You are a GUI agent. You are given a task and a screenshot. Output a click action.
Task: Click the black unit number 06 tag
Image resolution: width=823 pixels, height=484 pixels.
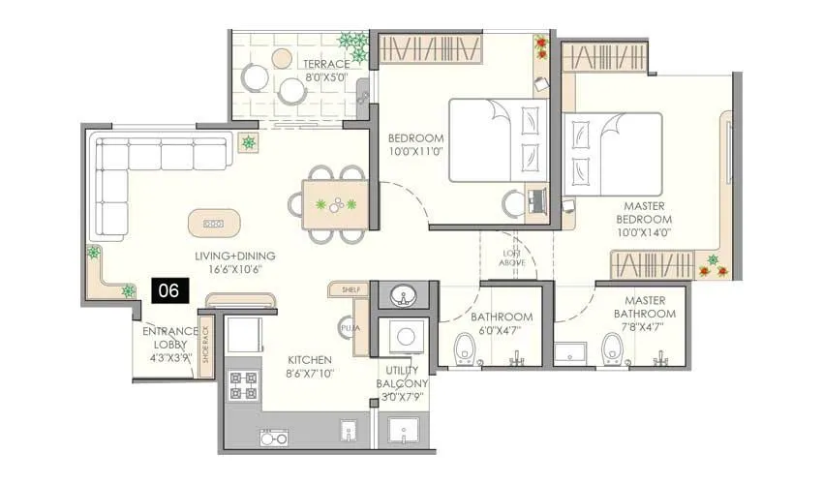click(168, 288)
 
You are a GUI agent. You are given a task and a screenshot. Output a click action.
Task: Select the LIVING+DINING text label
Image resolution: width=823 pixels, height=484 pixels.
click(234, 256)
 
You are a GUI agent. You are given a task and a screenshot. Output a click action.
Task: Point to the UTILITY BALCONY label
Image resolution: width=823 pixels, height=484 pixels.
click(403, 377)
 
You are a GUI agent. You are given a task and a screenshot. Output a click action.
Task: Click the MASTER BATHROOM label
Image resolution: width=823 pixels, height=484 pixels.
click(644, 307)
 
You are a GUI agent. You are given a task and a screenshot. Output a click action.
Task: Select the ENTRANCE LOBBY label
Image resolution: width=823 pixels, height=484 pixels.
click(169, 343)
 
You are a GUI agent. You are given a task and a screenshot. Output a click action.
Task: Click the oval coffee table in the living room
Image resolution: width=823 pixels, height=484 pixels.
click(212, 223)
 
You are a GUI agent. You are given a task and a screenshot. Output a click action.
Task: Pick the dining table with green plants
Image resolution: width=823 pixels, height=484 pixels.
click(335, 205)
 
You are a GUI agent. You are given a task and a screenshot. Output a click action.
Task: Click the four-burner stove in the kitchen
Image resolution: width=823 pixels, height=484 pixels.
click(243, 385)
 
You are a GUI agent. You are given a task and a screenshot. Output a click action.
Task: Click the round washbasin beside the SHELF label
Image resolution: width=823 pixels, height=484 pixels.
click(400, 295)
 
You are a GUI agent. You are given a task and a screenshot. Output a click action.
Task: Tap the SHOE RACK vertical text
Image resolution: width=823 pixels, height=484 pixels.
click(204, 342)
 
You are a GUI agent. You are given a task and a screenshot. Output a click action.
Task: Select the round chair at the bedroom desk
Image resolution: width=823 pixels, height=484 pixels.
click(513, 203)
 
